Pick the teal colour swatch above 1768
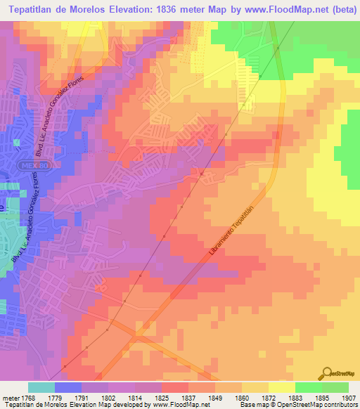click(x=41, y=387)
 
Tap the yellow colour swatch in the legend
click(x=281, y=387)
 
